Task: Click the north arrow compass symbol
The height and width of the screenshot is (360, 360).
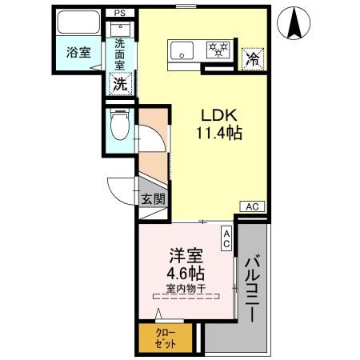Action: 294,23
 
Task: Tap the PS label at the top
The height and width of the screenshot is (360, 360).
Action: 119,14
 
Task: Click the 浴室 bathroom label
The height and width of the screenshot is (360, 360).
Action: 78,53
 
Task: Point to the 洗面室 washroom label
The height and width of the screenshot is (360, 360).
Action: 119,54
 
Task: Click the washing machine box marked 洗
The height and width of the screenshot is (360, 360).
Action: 119,82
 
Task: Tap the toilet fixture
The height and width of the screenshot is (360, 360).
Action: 120,125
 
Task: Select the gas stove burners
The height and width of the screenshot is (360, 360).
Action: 218,50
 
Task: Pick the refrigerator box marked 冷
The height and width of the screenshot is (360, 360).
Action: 252,57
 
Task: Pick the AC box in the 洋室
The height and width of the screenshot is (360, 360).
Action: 226,238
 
